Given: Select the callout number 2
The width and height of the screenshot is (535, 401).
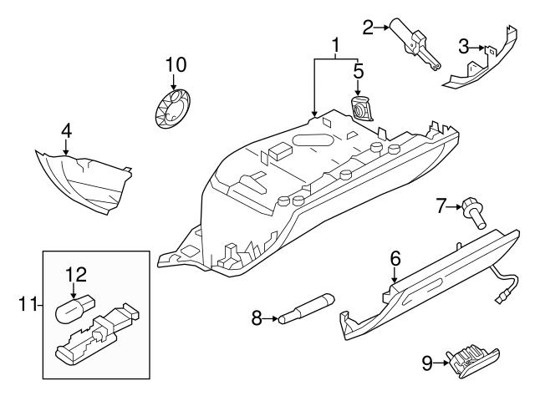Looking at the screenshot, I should [x=368, y=26].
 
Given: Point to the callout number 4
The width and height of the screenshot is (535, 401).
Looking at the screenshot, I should [x=66, y=131].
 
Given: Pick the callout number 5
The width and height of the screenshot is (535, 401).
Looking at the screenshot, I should [x=358, y=71].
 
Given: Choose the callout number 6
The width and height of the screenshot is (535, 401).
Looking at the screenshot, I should [x=395, y=259].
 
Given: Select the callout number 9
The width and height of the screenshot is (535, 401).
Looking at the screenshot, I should [x=428, y=363].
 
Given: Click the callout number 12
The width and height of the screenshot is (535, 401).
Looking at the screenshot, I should [x=76, y=274].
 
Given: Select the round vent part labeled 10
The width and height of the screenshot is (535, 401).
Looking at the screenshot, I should [x=173, y=109].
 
